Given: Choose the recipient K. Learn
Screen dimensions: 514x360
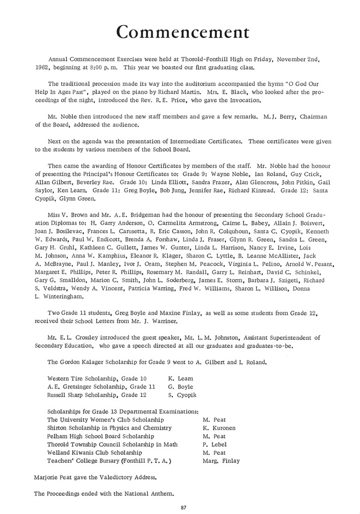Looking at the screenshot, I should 181,378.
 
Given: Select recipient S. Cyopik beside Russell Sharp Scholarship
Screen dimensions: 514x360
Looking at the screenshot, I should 182,395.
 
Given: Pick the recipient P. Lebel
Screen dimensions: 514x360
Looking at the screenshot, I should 214,444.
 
